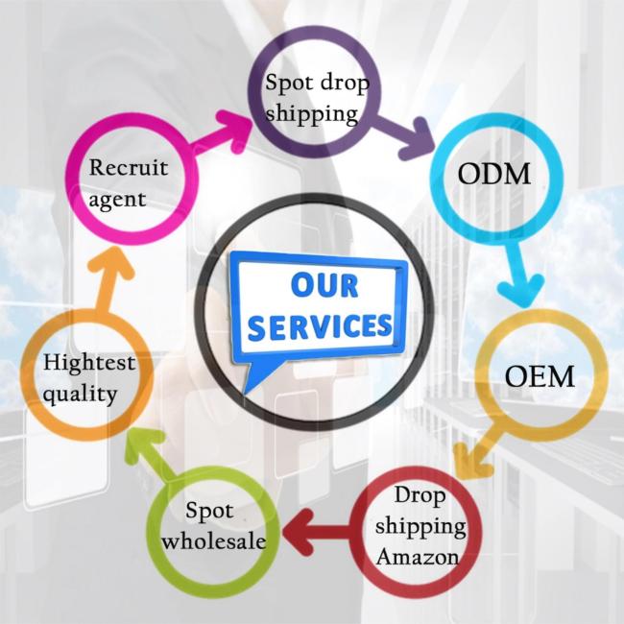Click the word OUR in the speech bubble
point(325,285)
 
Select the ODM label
point(495,176)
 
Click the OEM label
point(540,376)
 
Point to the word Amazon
point(418,556)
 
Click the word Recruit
point(129,167)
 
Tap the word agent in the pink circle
point(117,199)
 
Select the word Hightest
point(89,363)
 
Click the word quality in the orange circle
point(80,393)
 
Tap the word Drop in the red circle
point(418,495)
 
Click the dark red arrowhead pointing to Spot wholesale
point(299,534)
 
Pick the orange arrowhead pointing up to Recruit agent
point(112,263)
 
